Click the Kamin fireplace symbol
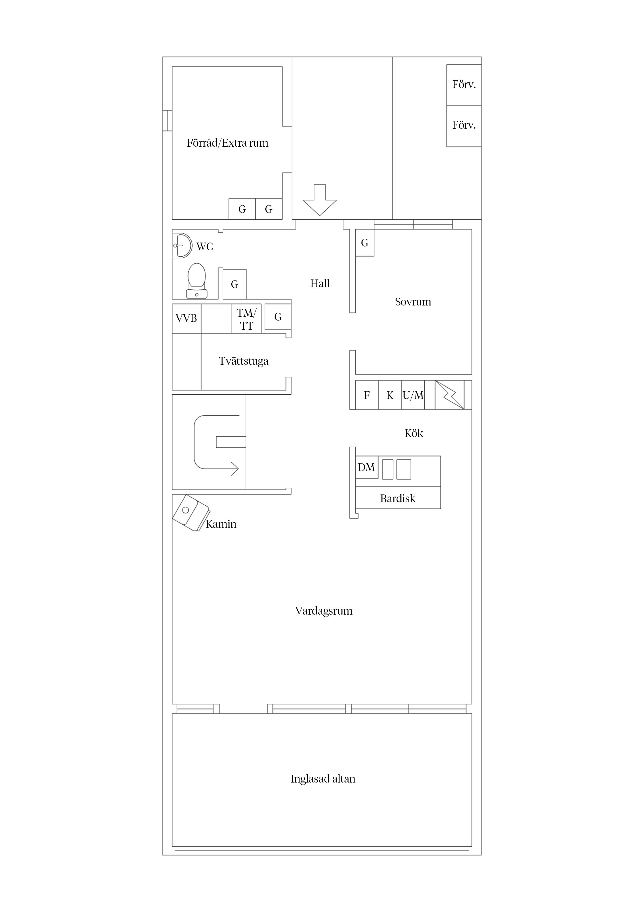(x=191, y=513)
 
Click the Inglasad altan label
(x=323, y=779)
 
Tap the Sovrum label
(x=413, y=302)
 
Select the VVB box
(x=186, y=318)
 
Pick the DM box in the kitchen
(x=366, y=467)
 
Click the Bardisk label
(x=398, y=498)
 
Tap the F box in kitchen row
(x=367, y=395)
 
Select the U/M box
(x=413, y=395)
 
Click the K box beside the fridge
(x=390, y=395)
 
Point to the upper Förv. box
(x=464, y=84)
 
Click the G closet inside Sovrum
(x=365, y=243)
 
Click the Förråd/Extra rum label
(x=227, y=143)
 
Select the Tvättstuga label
(x=243, y=361)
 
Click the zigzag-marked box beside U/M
(x=450, y=395)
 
